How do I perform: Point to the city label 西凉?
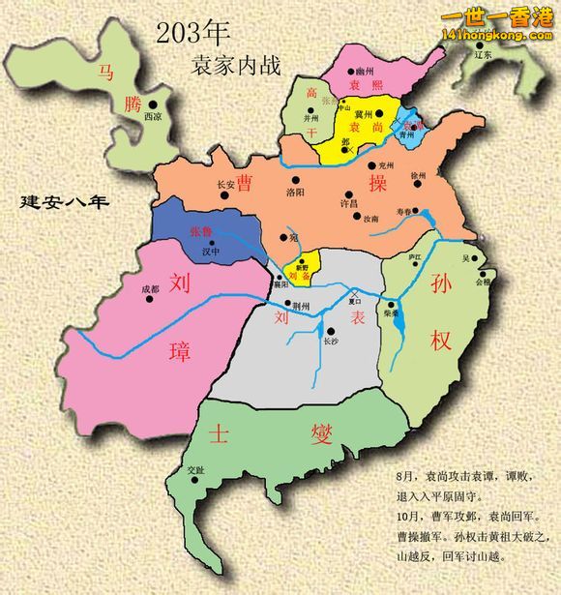tap(152, 115)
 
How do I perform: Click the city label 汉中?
tap(211, 251)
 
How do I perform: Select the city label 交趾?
tap(195, 469)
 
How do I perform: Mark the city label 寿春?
tap(404, 210)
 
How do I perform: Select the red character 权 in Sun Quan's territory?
tap(441, 340)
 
